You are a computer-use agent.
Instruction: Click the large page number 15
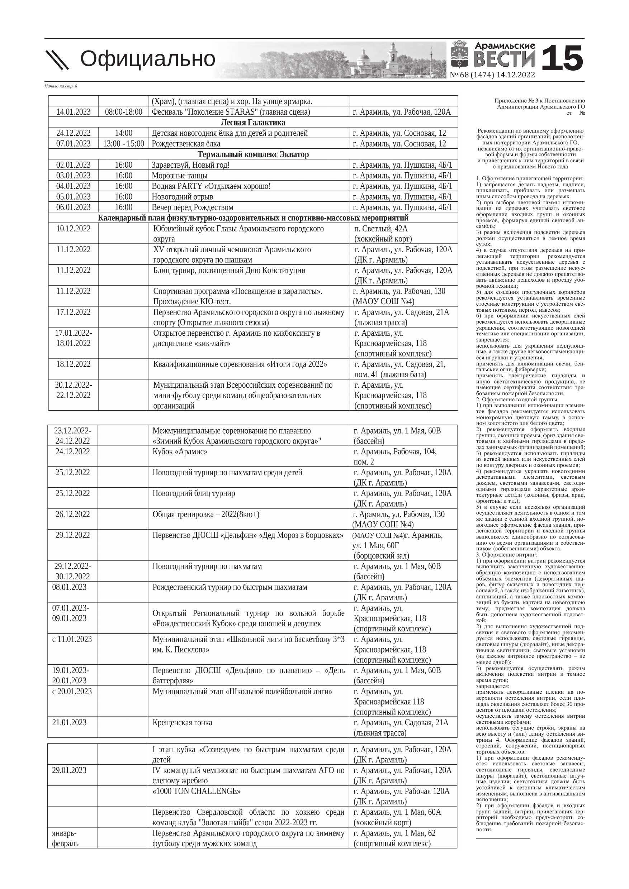pyautogui.click(x=562, y=58)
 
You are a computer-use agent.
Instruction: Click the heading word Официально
pyautogui.click(x=147, y=59)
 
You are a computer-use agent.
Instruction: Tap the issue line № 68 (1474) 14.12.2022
pyautogui.click(x=492, y=75)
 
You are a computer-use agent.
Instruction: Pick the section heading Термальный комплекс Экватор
pyautogui.click(x=253, y=154)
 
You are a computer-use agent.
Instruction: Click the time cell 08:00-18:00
pyautogui.click(x=124, y=112)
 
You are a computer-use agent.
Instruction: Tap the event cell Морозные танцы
pyautogui.click(x=179, y=176)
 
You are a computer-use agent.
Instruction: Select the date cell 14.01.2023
pyautogui.click(x=73, y=112)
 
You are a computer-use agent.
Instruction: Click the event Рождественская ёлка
pyautogui.click(x=186, y=144)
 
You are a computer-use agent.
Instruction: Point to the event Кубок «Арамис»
pyautogui.click(x=180, y=451)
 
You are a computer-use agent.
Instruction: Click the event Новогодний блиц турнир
pyautogui.click(x=194, y=493)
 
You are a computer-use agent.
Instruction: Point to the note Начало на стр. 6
pyautogui.click(x=61, y=86)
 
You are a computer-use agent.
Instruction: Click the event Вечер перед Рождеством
pyautogui.click(x=193, y=207)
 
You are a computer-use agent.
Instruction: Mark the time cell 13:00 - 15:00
pyautogui.click(x=124, y=144)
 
